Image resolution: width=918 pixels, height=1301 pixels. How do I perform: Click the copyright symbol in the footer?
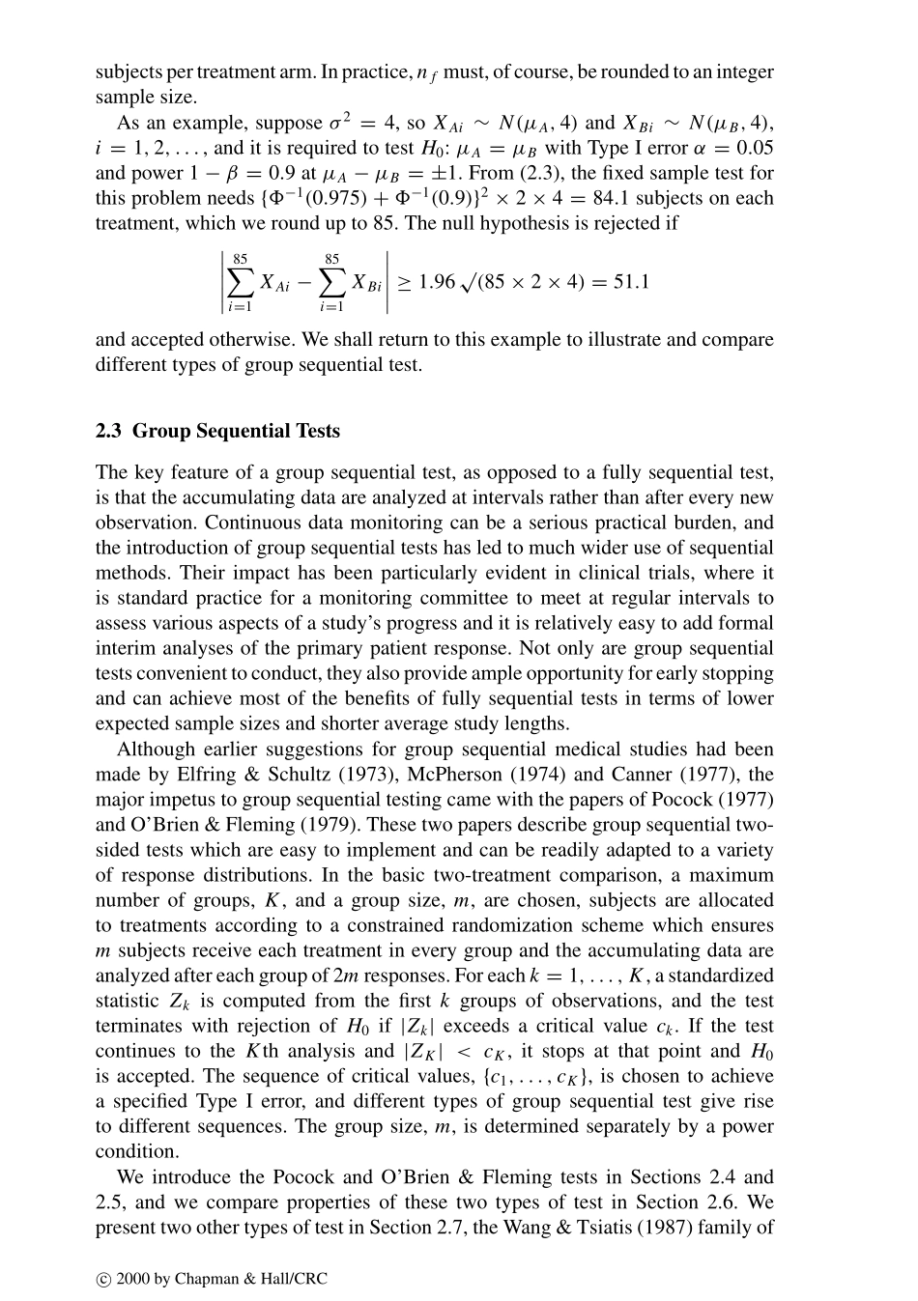pyautogui.click(x=103, y=1280)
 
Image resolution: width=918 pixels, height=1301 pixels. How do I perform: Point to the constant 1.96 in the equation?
pyautogui.click(x=436, y=281)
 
